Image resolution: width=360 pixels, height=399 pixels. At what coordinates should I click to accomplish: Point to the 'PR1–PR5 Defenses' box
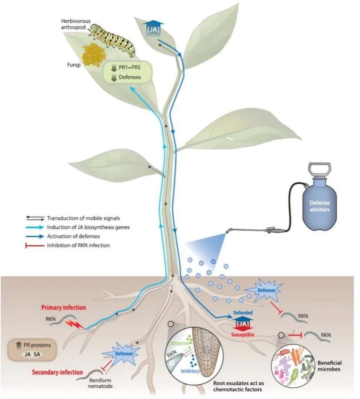(x=128, y=73)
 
